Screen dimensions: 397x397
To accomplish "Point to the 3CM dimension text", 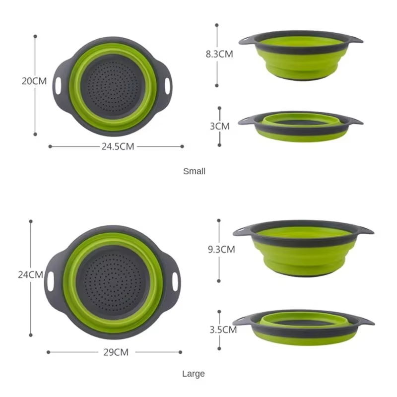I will click(x=220, y=126).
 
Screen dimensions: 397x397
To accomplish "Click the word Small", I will click(x=194, y=171).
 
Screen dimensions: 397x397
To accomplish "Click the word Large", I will click(x=193, y=374).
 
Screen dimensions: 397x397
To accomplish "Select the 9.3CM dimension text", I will click(x=221, y=250).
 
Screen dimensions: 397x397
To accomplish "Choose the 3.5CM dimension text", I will click(x=222, y=329).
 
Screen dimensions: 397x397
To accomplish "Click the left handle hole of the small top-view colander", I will click(x=59, y=85).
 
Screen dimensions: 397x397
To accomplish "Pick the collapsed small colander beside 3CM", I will click(x=300, y=127).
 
